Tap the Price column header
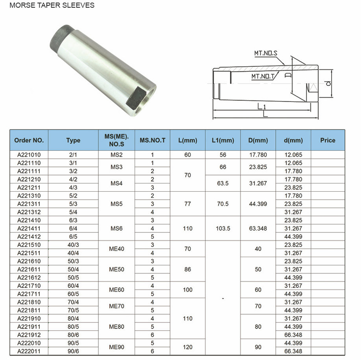[328, 140]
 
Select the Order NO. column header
[29, 140]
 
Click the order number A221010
[29, 155]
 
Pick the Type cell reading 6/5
[73, 236]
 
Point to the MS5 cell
[117, 203]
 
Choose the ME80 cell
[117, 327]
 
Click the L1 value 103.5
[223, 228]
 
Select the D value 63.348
[259, 228]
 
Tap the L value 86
[188, 269]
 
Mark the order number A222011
[29, 351]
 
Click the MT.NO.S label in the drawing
[266, 53]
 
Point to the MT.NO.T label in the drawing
[264, 76]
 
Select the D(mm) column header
[259, 140]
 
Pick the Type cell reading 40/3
[73, 245]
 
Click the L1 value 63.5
[223, 183]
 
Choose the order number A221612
[29, 277]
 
